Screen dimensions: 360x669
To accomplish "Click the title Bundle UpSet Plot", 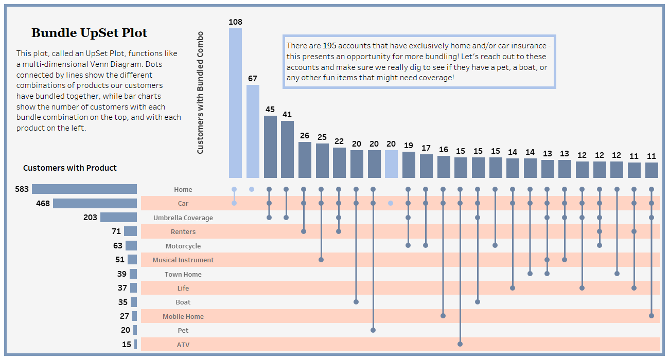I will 89,33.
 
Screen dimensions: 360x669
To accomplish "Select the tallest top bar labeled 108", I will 235,103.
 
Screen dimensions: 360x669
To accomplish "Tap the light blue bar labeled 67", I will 253,131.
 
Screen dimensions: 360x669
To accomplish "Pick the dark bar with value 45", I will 270,147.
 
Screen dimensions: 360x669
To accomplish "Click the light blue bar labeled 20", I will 391,164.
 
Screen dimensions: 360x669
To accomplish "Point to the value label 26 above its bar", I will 305,136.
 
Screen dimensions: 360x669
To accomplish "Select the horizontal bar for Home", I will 84,189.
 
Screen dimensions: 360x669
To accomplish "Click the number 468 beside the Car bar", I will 43,204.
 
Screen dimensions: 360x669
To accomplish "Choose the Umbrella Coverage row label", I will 183,218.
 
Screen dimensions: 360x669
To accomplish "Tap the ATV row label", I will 183,345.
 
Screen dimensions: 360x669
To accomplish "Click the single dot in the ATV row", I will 460,344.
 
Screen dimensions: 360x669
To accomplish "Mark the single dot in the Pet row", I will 373,330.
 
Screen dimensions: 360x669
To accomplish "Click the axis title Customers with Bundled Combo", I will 201,93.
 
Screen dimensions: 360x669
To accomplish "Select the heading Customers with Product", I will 70,168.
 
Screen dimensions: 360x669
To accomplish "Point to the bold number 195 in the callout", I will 329,46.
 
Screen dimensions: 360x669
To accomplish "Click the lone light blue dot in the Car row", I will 391,203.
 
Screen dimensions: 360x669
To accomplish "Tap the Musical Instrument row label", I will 183,260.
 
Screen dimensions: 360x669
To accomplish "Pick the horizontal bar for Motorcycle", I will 131,246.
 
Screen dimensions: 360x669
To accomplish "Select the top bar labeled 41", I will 287,149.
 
